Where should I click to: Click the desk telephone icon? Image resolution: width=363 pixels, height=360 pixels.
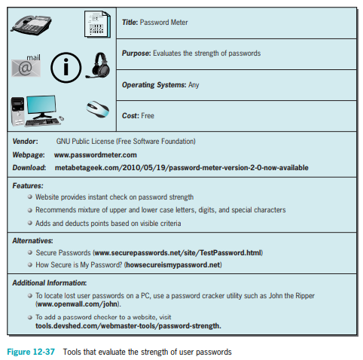point(31,25)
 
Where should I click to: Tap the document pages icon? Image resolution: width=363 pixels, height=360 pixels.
point(97,24)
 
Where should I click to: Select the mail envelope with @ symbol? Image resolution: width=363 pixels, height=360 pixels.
point(26,66)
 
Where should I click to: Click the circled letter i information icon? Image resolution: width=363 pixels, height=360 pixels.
point(66,68)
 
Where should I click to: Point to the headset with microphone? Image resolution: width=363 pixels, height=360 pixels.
point(98,66)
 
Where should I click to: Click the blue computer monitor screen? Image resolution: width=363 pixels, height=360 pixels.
point(41,105)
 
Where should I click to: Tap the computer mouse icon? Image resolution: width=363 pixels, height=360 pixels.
point(98,109)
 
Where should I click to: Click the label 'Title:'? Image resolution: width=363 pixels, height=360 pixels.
point(130,23)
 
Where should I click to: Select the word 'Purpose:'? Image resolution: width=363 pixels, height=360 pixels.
point(136,53)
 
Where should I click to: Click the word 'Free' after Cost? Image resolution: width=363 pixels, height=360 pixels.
point(148,116)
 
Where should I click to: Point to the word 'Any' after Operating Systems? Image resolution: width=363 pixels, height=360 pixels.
point(194,85)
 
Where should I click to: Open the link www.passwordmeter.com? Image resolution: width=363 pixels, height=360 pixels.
point(96,155)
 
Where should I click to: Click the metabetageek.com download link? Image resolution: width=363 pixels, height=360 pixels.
point(181,167)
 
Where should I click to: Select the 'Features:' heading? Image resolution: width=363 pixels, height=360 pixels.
point(28,186)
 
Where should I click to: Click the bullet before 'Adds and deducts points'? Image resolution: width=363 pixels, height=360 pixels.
point(30,223)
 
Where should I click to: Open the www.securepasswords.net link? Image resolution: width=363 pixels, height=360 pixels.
point(178,253)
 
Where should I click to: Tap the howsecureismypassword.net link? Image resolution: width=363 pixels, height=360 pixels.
point(173,265)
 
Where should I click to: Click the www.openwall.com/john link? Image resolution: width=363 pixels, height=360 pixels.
point(78,304)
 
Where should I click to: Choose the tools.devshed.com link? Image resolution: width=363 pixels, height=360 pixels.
point(128,326)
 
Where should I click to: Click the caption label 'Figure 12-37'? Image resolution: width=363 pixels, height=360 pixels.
point(31,352)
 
